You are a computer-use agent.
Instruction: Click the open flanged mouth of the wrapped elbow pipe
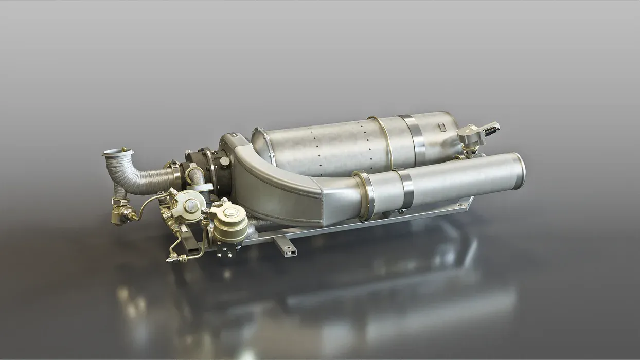click(117, 152)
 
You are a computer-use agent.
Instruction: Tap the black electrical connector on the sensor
click(491, 128)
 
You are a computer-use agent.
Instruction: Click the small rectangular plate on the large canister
click(441, 126)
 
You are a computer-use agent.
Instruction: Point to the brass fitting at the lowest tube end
click(171, 259)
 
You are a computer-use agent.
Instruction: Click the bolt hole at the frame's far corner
click(467, 204)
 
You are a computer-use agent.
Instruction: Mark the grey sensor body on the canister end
click(469, 135)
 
